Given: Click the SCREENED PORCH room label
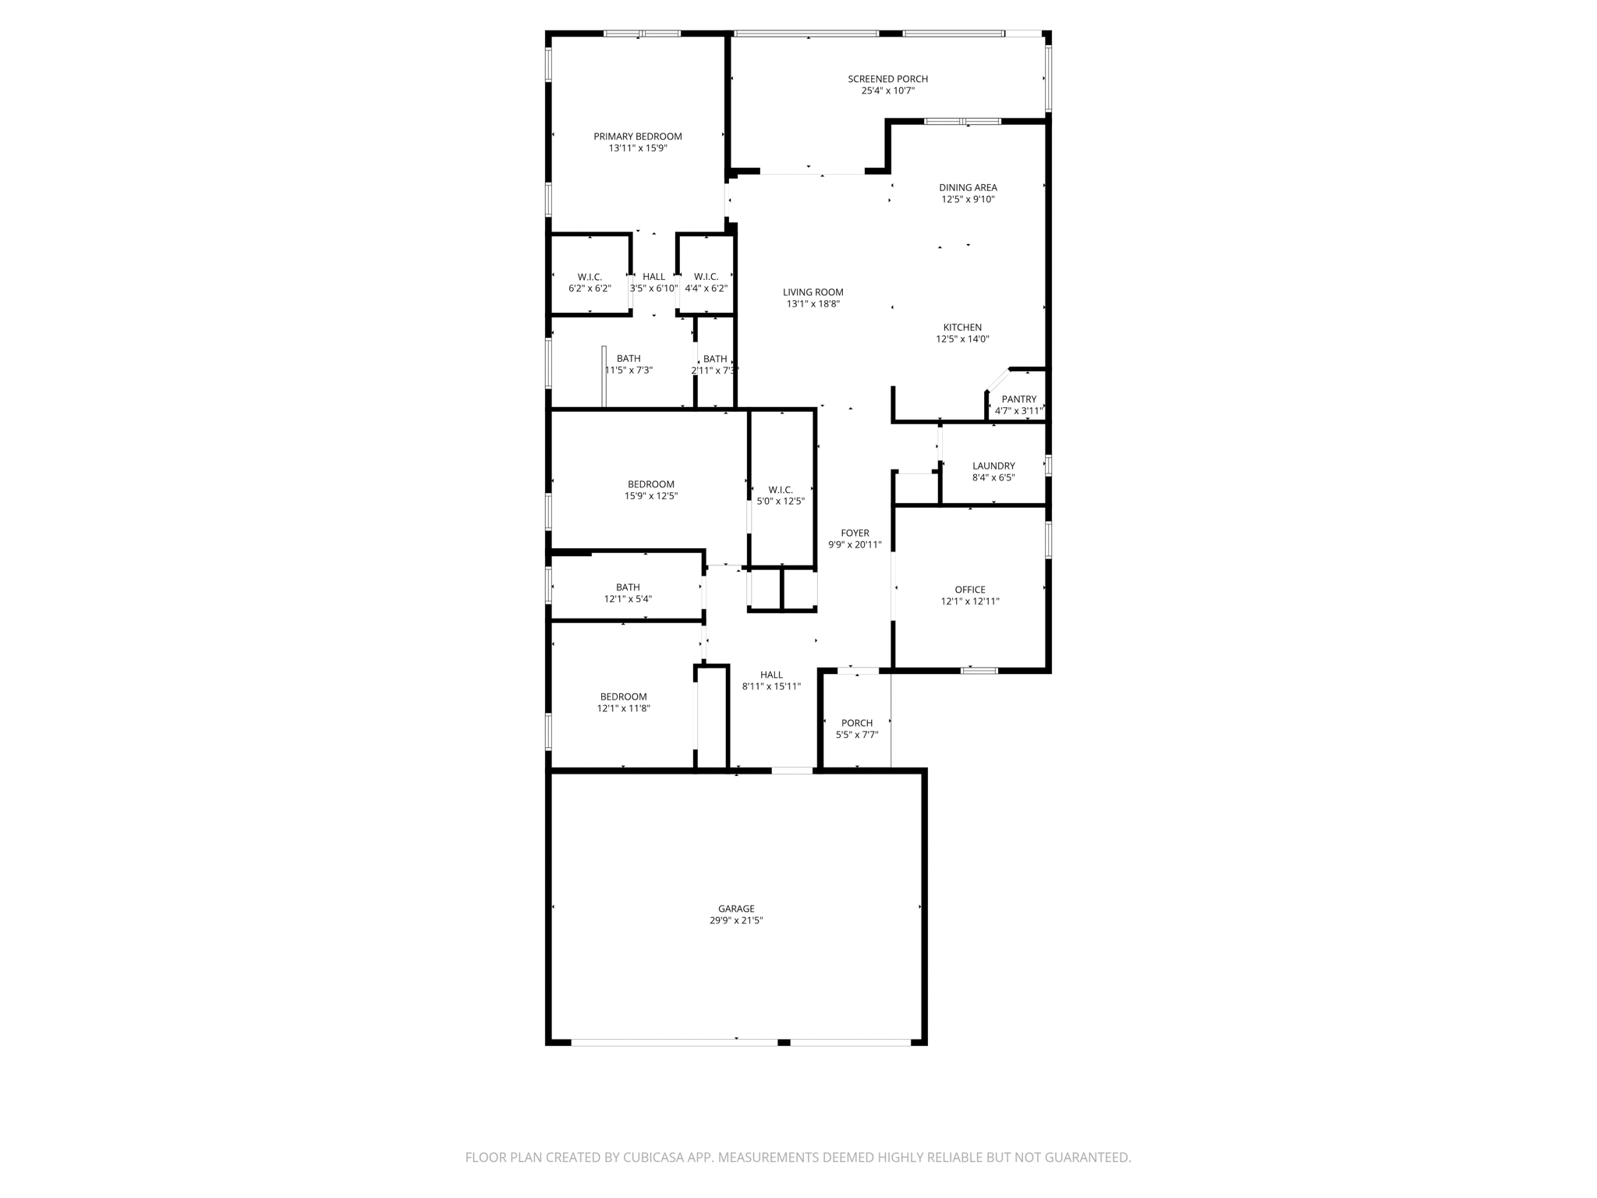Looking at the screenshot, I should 887,79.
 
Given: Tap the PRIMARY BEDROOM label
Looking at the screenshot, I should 637,136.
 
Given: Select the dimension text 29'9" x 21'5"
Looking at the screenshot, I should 735,920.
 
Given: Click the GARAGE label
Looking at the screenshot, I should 736,909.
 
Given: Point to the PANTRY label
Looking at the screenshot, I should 1018,399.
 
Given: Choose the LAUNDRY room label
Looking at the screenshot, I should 993,466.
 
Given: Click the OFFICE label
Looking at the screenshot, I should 970,590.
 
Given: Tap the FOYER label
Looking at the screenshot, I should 855,533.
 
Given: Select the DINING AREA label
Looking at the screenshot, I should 968,187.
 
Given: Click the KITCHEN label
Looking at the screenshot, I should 962,328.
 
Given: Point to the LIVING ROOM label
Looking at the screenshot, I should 813,292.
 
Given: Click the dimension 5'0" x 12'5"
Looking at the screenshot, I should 781,502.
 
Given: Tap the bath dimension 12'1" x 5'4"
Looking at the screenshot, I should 628,599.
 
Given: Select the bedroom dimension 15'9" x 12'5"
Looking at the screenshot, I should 651,496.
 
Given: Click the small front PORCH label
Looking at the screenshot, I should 857,723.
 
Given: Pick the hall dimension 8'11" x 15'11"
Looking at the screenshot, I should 771,686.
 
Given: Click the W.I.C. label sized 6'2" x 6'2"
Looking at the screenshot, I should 590,277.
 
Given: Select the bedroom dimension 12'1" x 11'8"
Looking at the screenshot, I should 623,708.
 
